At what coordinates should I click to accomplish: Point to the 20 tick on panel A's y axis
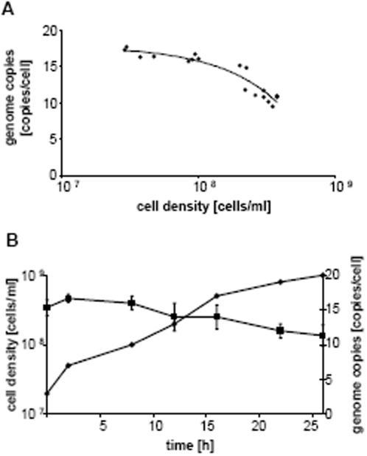[51, 31]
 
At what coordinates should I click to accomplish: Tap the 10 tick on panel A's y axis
[51, 103]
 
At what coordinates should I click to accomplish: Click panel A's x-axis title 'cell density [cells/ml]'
[203, 207]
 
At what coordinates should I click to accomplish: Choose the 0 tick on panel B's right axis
[330, 414]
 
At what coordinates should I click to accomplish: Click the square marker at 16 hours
[217, 317]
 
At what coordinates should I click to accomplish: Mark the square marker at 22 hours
[280, 331]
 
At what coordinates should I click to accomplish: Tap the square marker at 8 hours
[132, 303]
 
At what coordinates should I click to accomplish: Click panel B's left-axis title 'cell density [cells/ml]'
[14, 344]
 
